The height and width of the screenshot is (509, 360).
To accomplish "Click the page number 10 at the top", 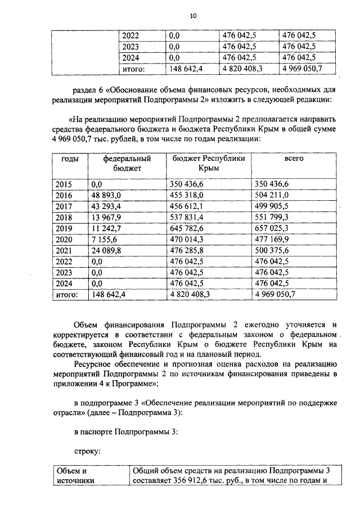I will [192, 16].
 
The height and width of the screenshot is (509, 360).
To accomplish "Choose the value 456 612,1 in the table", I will [189, 206].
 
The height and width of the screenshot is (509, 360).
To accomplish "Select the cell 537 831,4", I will [189, 217].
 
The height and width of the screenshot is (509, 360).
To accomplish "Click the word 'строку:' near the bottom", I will [88, 451].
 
